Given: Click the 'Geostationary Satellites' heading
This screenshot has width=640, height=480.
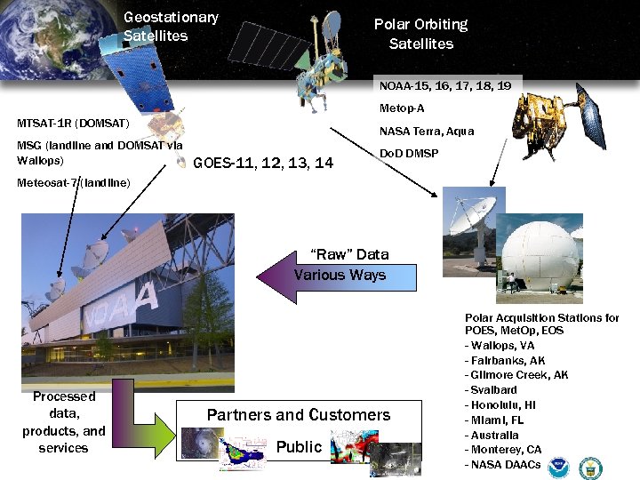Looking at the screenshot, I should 171,27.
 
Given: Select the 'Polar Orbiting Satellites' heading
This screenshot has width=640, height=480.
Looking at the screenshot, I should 420,34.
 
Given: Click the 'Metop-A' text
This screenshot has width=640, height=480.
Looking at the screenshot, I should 402,108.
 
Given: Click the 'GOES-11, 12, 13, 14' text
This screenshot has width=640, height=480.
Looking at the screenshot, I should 263,163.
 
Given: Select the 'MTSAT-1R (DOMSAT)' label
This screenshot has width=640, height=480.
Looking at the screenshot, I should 74,123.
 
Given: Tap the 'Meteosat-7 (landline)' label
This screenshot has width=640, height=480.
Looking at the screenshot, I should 74,183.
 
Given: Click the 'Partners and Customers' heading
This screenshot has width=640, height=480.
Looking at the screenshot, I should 299,415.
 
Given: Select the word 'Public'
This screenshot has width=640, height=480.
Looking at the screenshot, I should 299,447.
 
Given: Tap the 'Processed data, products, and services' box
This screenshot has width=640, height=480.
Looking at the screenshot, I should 63,422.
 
